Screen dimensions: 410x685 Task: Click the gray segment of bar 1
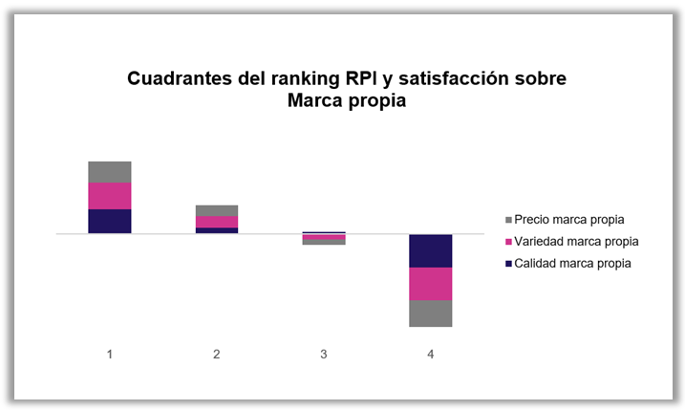click(x=110, y=172)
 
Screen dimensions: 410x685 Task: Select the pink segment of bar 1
click(x=110, y=196)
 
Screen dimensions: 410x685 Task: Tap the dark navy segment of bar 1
click(x=110, y=221)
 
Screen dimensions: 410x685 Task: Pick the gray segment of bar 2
click(x=217, y=210)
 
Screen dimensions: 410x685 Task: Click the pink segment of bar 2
click(x=217, y=222)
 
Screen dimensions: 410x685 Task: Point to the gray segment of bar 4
click(x=430, y=313)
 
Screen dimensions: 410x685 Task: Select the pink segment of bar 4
click(x=430, y=284)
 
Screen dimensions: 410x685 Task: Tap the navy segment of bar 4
click(x=430, y=250)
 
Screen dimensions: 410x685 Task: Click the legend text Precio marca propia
click(x=569, y=220)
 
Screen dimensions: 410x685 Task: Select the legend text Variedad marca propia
click(x=575, y=242)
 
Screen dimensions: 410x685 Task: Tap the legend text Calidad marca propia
click(x=572, y=264)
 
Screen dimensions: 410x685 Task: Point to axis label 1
click(x=110, y=355)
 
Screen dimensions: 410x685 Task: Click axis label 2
click(x=217, y=355)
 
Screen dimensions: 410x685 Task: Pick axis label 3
click(x=324, y=355)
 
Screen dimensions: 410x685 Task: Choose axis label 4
click(x=430, y=355)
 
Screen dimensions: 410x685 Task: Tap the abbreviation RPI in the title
click(x=364, y=79)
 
